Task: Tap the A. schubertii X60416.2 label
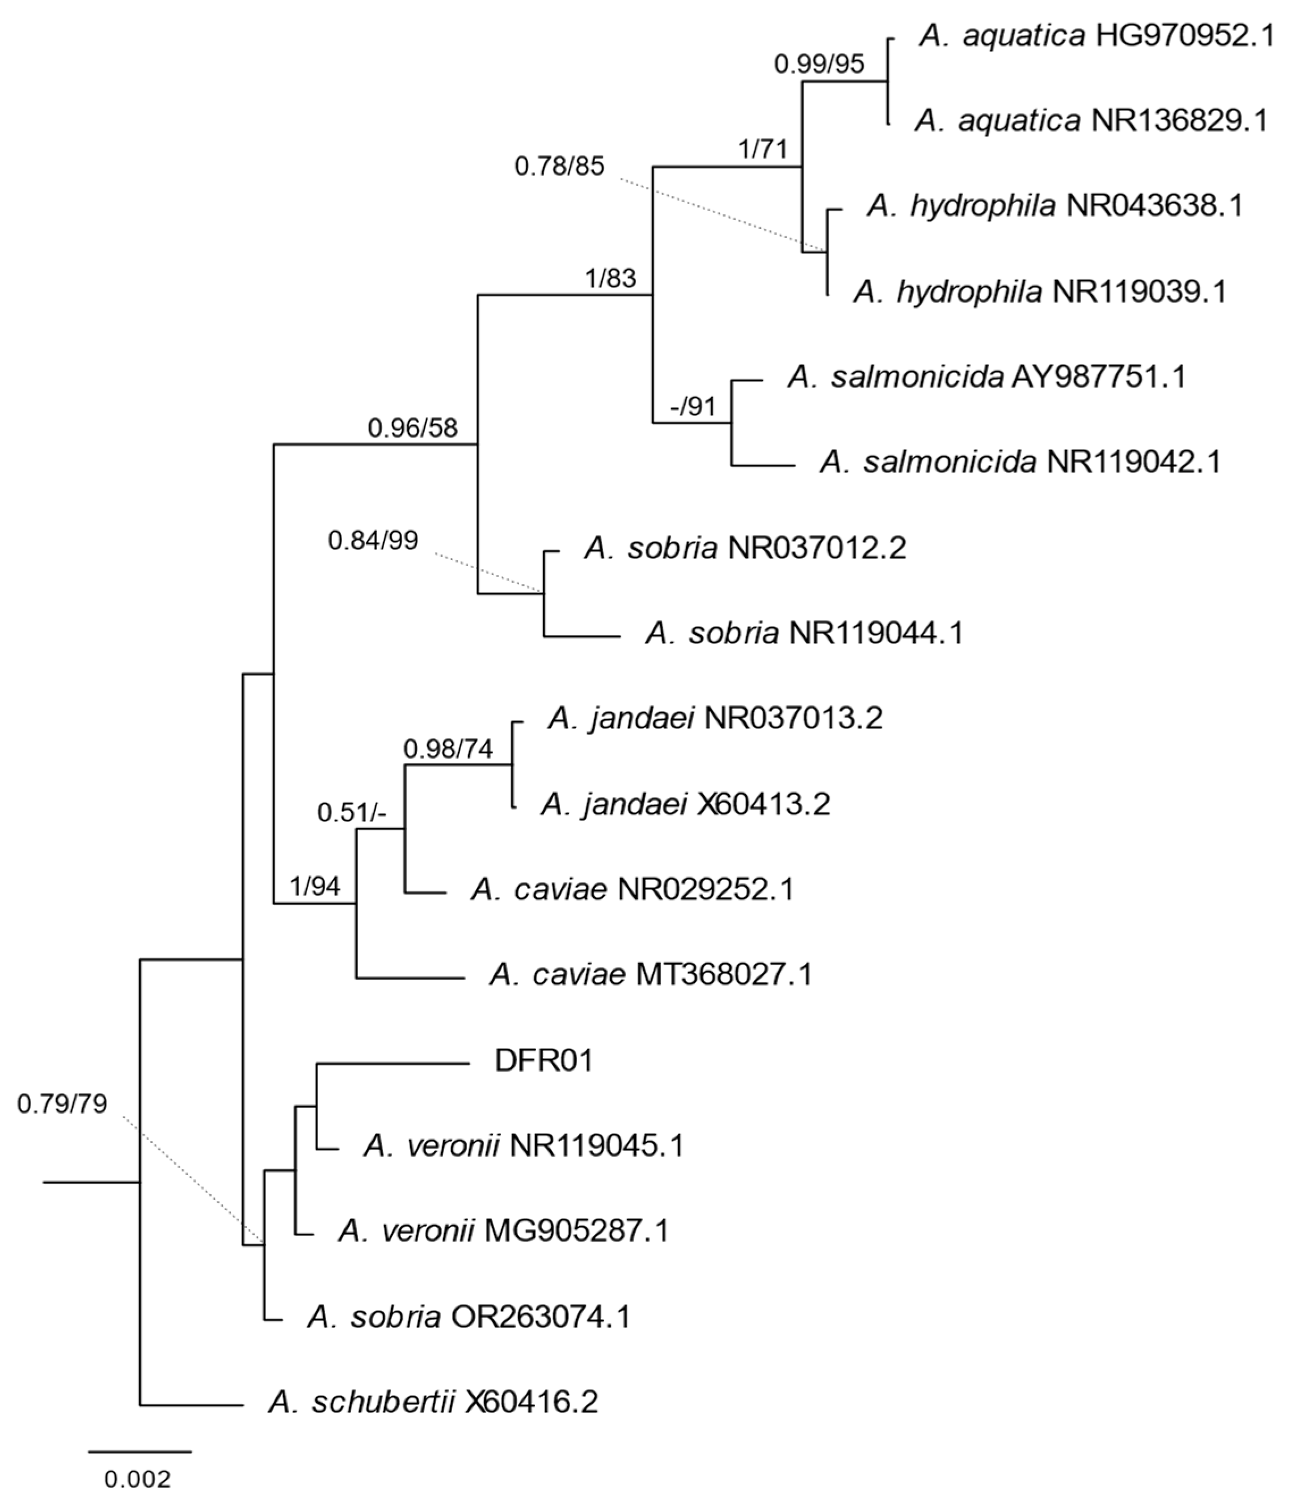433,1403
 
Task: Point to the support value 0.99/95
819,65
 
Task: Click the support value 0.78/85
559,167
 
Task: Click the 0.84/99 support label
373,540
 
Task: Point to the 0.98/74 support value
448,750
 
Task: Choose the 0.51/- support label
352,813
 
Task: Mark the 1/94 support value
315,886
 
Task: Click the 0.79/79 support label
62,1103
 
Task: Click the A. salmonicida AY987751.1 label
986,377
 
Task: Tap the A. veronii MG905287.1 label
503,1230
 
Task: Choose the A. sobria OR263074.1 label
467,1317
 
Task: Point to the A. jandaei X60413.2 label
685,804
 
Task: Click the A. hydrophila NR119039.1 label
1040,291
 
